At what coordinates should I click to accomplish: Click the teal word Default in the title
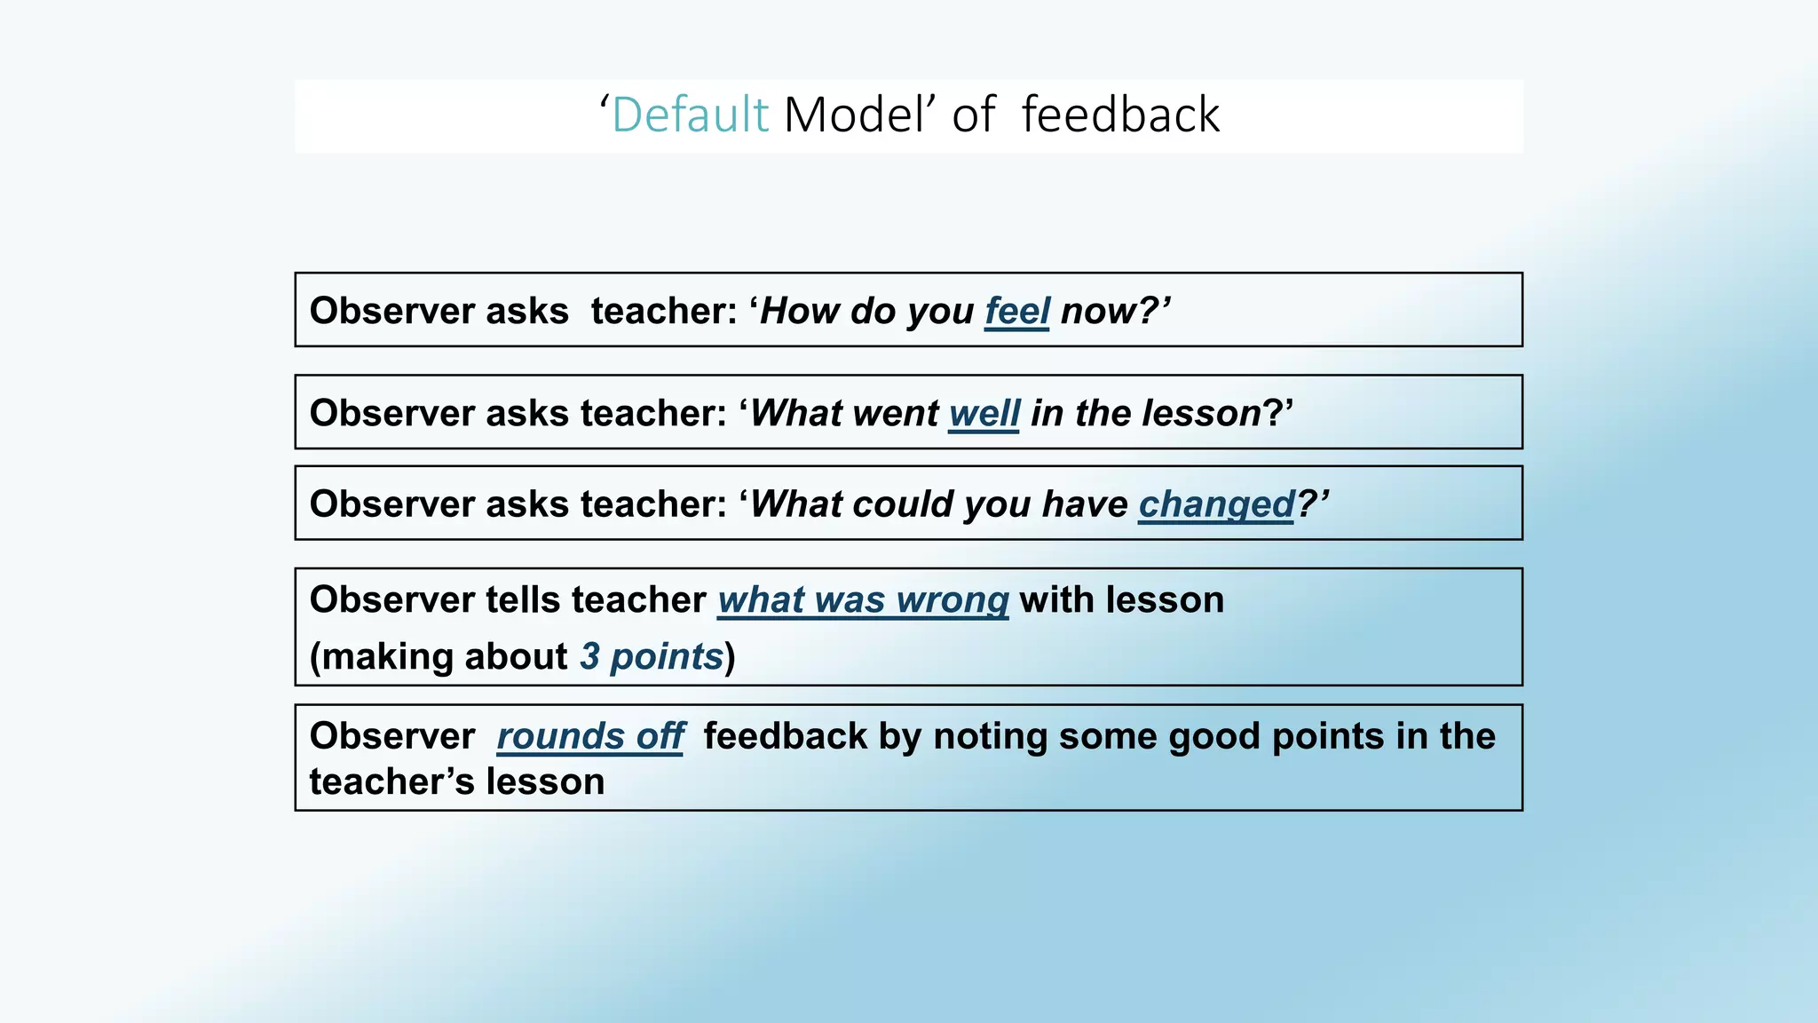690,115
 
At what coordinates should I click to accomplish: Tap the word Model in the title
855,115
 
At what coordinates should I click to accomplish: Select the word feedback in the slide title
1120,115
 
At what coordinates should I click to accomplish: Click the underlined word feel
1017,312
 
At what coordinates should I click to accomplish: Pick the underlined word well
984,414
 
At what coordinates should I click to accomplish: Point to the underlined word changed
1217,504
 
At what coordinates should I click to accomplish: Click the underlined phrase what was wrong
863,600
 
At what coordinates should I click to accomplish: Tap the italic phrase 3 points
652,657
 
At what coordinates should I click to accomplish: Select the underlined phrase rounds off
590,736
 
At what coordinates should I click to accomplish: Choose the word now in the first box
1098,312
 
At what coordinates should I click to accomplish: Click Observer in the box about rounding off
392,736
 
